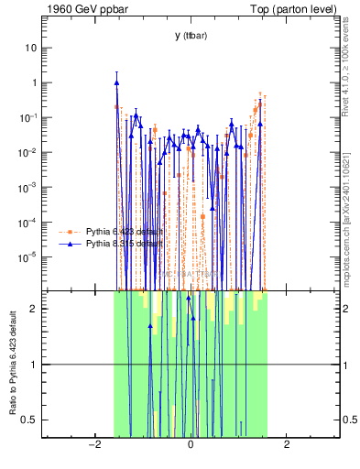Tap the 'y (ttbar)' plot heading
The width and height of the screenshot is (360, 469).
(191, 36)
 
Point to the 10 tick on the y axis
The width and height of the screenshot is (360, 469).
(31, 47)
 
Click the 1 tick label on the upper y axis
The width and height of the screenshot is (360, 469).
(34, 82)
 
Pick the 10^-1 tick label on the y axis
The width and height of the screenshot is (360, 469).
(28, 117)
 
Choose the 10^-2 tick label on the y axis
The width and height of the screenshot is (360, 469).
(28, 152)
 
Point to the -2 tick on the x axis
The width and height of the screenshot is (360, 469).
(93, 445)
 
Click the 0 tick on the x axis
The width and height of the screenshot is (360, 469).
(191, 445)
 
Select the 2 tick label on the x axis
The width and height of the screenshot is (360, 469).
(287, 445)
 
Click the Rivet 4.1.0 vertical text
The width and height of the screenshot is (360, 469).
(351, 64)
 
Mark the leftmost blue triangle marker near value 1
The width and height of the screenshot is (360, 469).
(117, 82)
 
